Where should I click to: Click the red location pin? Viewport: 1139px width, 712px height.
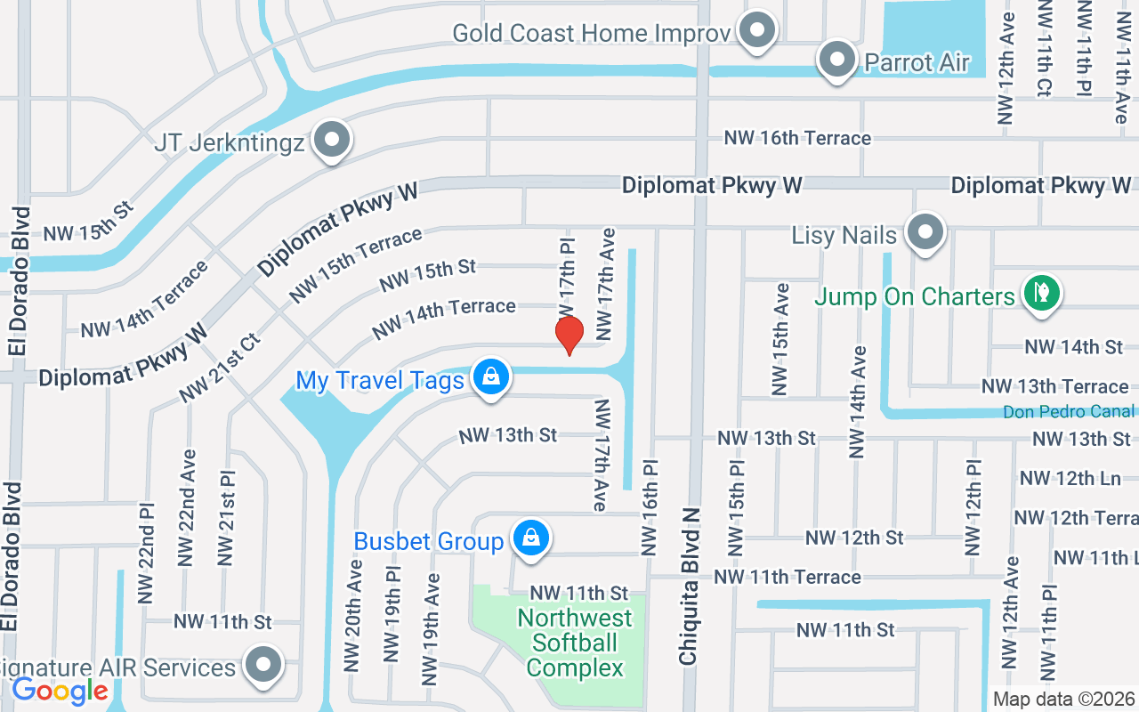click(x=569, y=336)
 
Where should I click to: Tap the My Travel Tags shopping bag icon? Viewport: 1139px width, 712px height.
click(x=490, y=377)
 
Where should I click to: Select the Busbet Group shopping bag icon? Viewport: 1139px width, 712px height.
click(x=531, y=539)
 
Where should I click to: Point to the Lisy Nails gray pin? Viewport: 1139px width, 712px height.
click(x=925, y=232)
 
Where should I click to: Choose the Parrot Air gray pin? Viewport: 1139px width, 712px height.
click(x=836, y=60)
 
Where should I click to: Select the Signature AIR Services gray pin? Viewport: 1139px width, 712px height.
click(x=263, y=665)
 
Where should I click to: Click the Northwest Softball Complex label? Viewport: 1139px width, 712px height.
click(x=575, y=643)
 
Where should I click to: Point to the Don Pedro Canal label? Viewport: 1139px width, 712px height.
click(x=1069, y=412)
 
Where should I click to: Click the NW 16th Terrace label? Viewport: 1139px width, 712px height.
click(x=797, y=138)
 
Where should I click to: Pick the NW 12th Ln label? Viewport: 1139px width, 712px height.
click(x=1070, y=478)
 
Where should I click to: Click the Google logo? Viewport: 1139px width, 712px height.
click(x=60, y=691)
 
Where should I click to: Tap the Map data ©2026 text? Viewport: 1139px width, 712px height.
click(x=1063, y=699)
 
